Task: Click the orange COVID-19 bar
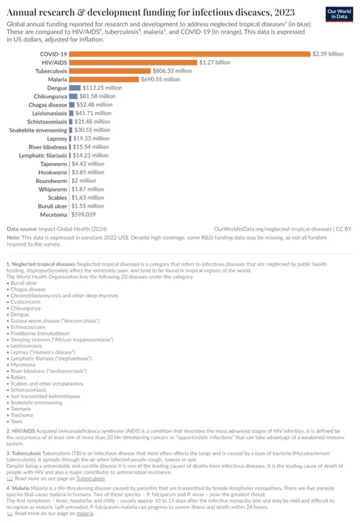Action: click(x=189, y=54)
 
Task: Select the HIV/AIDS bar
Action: click(x=133, y=62)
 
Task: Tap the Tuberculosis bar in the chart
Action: click(x=110, y=71)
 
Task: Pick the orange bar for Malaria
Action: click(x=104, y=79)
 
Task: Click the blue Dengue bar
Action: click(x=74, y=88)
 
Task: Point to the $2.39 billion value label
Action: click(x=328, y=54)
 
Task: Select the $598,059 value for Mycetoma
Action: click(x=83, y=214)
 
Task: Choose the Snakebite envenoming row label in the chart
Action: click(x=38, y=130)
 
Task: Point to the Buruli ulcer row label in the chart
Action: click(x=50, y=206)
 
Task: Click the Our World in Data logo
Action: click(x=338, y=14)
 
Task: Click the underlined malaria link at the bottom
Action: click(x=85, y=513)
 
